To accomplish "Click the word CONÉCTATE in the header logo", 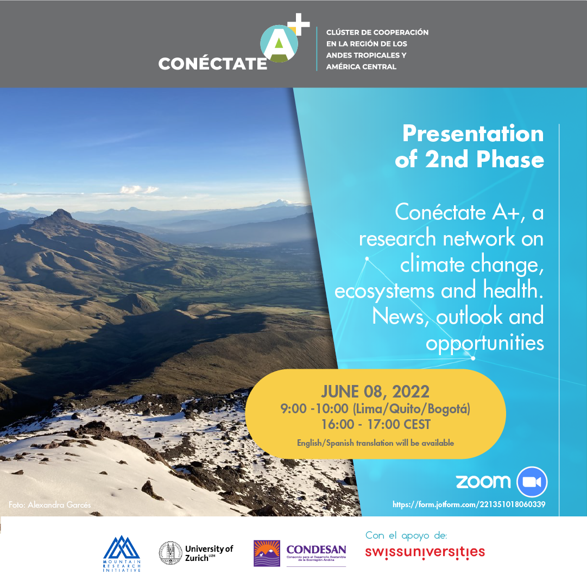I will tap(212, 64).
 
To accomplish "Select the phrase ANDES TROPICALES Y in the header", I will tap(366, 55).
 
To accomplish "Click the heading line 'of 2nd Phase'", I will tap(469, 160).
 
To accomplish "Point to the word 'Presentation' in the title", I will tap(472, 134).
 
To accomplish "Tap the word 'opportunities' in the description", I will tap(484, 343).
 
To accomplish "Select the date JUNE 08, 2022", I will tap(375, 392).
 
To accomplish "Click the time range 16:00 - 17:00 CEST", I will tap(375, 424).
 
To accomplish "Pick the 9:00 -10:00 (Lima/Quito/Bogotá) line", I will tap(375, 408).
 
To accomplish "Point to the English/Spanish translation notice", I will tap(375, 443).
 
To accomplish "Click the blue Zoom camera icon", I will tap(532, 482).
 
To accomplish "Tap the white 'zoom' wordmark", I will tap(483, 481).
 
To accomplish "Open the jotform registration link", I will tap(469, 504).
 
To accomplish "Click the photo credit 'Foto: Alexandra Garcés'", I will tap(50, 505).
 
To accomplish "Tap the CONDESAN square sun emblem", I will tap(267, 553).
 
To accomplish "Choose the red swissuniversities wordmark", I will tap(425, 552).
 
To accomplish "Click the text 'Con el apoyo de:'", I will tap(406, 536).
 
